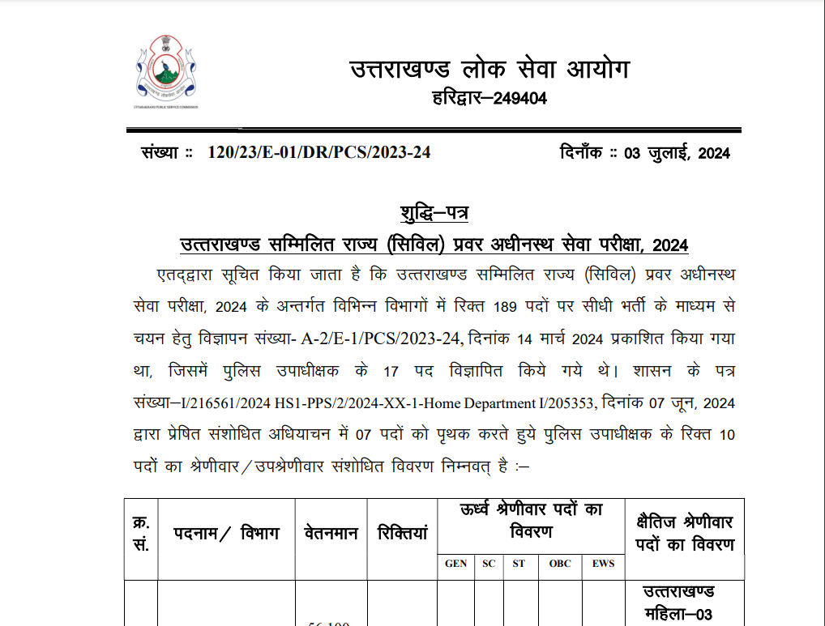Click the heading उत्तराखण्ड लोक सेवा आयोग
[489, 70]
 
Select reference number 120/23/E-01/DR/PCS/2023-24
[318, 152]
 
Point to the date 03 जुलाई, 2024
[677, 153]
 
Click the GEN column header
[456, 564]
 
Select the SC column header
[489, 564]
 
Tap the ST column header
[519, 564]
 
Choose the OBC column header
[560, 564]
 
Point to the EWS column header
[603, 564]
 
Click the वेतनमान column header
[331, 534]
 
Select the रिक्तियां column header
[402, 534]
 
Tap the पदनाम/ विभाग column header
[226, 534]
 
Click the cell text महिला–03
[678, 615]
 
